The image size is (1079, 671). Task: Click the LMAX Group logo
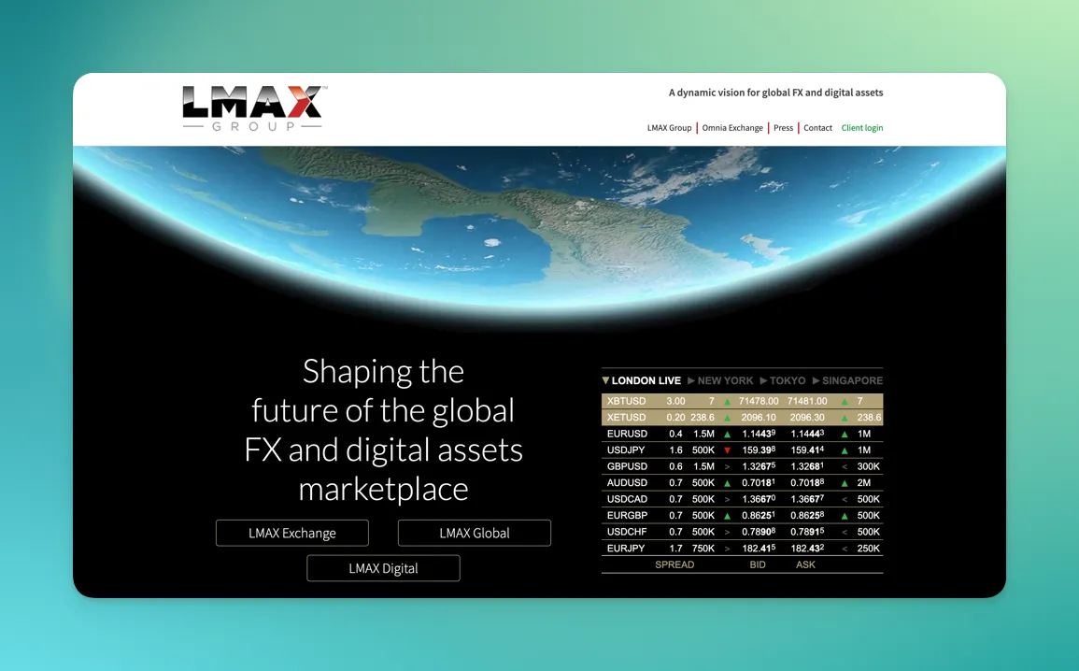click(252, 107)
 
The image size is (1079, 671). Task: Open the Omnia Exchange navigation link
click(732, 128)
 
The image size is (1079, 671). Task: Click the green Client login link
click(861, 128)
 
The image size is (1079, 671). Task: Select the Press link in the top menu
click(783, 128)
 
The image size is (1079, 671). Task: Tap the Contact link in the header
click(817, 128)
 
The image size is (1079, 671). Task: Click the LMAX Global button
click(474, 534)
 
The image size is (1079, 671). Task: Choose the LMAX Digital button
click(383, 568)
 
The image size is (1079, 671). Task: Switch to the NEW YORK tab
click(724, 381)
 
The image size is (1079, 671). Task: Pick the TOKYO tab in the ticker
click(788, 381)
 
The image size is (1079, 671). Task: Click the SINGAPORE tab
click(851, 381)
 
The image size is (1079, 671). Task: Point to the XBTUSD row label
click(625, 401)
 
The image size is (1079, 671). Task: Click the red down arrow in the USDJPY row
click(727, 450)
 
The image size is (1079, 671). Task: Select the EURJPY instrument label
click(626, 549)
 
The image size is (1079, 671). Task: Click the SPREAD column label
click(674, 565)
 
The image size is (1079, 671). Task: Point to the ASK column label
click(805, 565)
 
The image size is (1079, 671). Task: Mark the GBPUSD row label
click(627, 466)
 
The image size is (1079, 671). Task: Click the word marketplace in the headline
click(383, 489)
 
